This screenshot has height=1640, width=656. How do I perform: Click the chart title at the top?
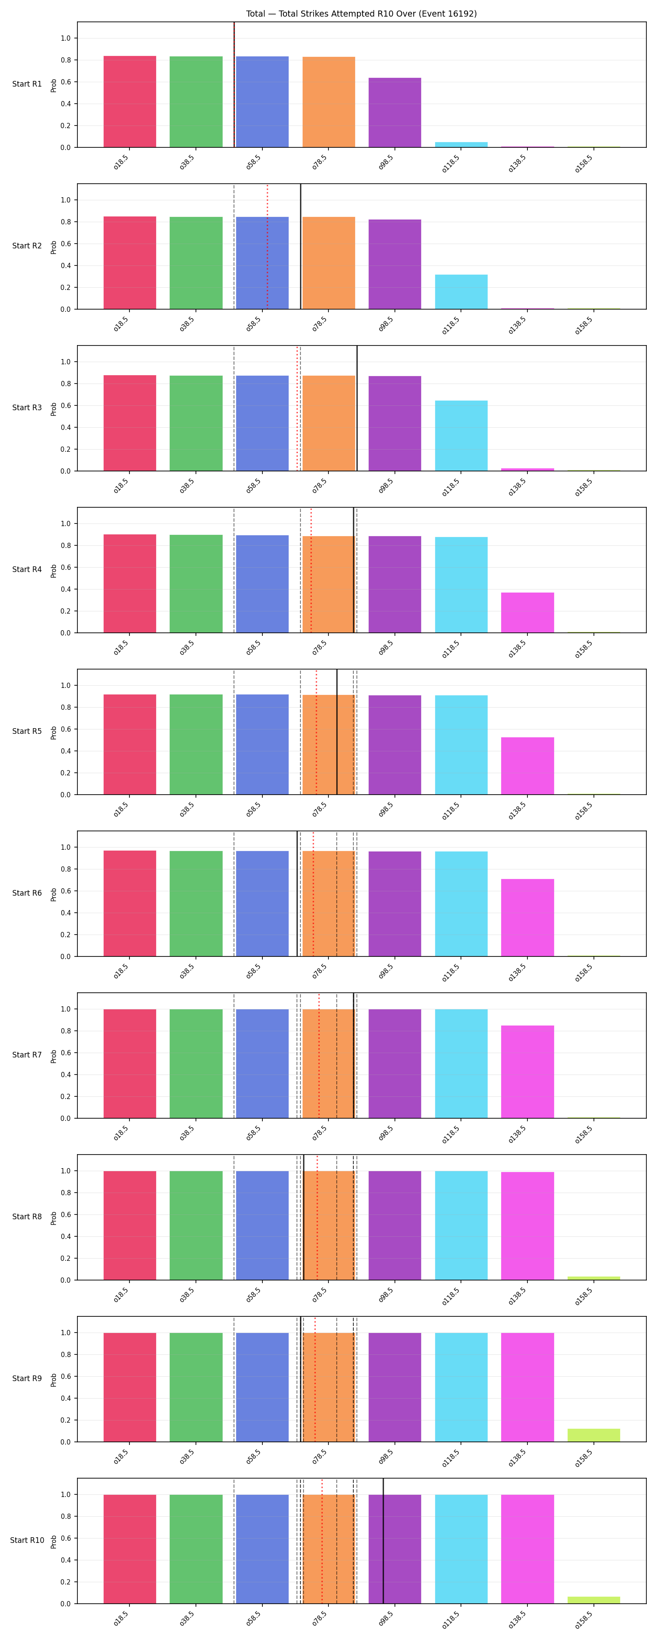coord(361,14)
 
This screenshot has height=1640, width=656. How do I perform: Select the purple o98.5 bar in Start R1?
coord(395,113)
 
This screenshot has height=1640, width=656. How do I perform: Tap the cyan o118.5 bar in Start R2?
coord(461,292)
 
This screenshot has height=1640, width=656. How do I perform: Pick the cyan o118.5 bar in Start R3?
coord(461,436)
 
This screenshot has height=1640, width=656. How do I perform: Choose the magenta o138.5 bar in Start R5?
coord(527,766)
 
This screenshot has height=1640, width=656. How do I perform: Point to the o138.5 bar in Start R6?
coord(527,918)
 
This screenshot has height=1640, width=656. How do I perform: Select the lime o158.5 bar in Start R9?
coord(593,1436)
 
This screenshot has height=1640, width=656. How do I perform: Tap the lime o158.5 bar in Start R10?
coord(593,1600)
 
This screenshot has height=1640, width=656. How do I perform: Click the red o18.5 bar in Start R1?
coord(130,102)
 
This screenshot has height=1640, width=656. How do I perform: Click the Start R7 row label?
coord(27,1055)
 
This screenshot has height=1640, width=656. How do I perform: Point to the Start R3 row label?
coord(27,408)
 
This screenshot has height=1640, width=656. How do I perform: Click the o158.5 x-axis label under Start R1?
coord(583,163)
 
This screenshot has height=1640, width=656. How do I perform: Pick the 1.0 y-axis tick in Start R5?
coord(66,686)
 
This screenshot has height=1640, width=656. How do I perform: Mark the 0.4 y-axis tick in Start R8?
coord(66,1236)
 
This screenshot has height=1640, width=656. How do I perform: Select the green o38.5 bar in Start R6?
coord(196,904)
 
